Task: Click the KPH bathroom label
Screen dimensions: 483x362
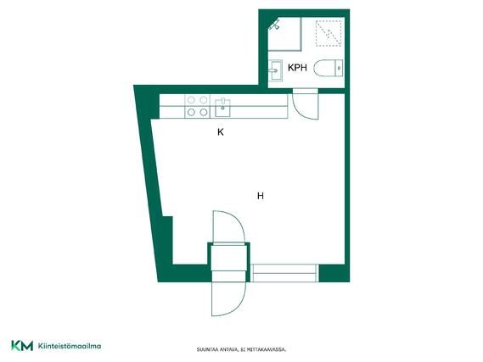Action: (297, 68)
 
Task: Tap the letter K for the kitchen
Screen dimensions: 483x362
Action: (221, 132)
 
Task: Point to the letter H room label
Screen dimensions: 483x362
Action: (261, 196)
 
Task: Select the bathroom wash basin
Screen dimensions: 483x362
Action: (275, 70)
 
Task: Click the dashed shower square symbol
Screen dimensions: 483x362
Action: (329, 33)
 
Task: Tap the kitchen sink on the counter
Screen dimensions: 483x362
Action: (222, 108)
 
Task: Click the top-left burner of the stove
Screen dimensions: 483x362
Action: (191, 100)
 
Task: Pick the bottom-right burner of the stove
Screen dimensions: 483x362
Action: (204, 112)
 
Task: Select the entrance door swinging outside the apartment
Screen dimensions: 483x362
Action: (228, 298)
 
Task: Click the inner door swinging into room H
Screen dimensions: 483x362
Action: (228, 226)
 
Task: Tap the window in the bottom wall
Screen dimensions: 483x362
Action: (284, 273)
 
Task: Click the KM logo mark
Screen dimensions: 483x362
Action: (22, 346)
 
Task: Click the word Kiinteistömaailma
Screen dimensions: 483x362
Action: (70, 346)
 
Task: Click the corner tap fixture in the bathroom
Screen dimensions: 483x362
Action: (274, 25)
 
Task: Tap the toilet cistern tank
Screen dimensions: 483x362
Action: (339, 68)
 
